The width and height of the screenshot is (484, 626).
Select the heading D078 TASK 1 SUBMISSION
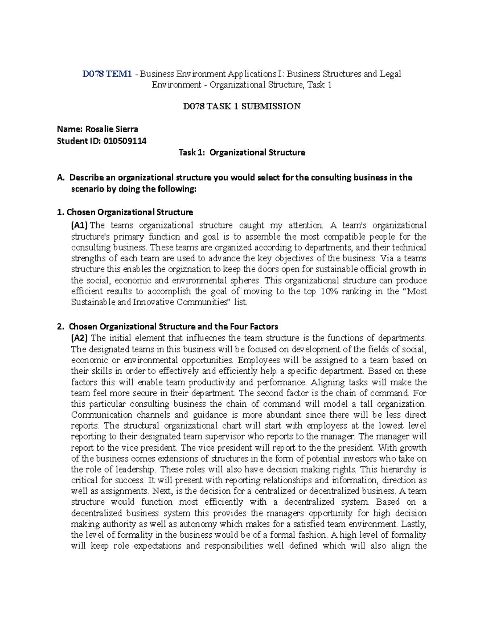pos(242,106)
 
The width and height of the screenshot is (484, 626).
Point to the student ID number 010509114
pos(125,141)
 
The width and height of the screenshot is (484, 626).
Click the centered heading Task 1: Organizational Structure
pos(242,152)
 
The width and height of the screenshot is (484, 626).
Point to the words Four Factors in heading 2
pos(255,326)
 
